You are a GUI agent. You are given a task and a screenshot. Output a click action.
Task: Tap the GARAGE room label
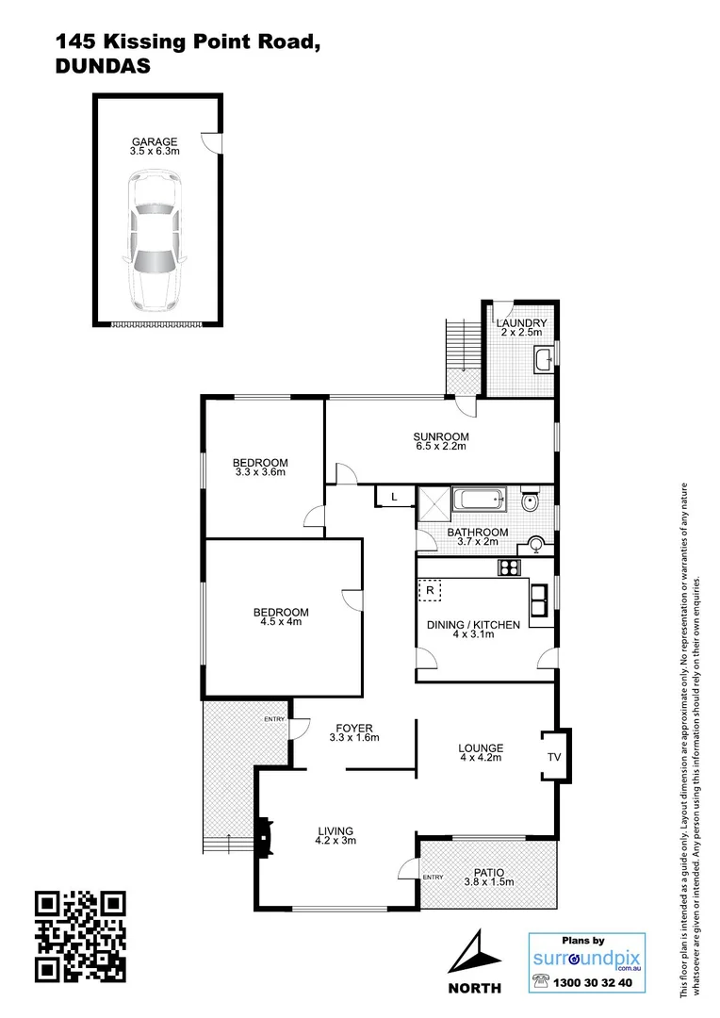[155, 142]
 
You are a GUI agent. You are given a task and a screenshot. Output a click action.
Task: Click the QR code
[80, 936]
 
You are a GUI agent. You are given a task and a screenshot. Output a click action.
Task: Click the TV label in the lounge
[554, 756]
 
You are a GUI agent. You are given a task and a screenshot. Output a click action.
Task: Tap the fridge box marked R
[430, 591]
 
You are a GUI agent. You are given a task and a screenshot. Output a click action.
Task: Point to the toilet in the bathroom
[531, 501]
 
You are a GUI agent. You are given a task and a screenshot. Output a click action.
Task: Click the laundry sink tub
[544, 358]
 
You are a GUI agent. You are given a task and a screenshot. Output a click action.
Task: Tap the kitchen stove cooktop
[510, 567]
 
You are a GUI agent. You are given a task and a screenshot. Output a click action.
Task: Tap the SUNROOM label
[441, 436]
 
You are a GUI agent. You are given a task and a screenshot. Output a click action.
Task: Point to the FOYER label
[353, 728]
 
